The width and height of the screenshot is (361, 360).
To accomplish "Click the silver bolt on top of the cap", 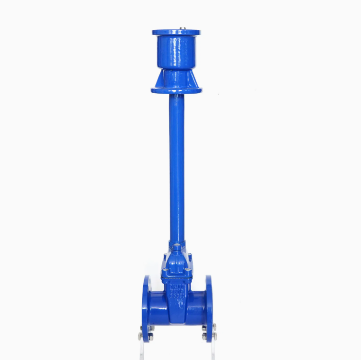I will pyautogui.click(x=183, y=28).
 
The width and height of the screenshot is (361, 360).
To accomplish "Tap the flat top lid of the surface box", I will pyautogui.click(x=176, y=32).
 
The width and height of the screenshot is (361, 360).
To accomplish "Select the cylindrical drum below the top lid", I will pyautogui.click(x=176, y=52).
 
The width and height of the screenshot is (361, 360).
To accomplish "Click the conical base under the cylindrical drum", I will pyautogui.click(x=176, y=78).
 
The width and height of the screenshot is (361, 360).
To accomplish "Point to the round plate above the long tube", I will pyautogui.click(x=176, y=90).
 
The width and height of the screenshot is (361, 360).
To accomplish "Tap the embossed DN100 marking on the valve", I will pyautogui.click(x=177, y=287).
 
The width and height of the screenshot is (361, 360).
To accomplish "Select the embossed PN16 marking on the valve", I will pyautogui.click(x=177, y=294).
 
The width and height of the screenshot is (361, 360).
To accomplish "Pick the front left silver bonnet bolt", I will pyautogui.click(x=165, y=270).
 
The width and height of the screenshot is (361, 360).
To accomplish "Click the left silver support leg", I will pyautogui.click(x=141, y=350).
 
